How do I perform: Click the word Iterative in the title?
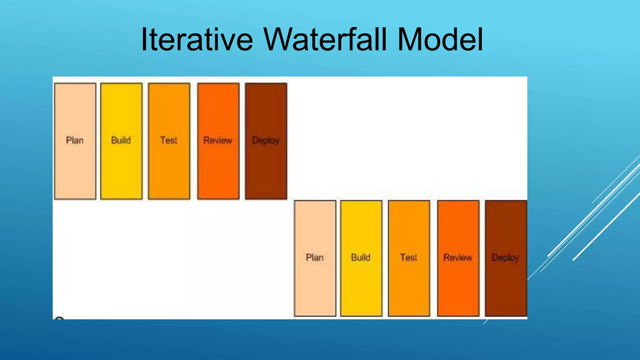(x=197, y=40)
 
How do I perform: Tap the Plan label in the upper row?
(x=75, y=140)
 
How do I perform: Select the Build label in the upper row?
(x=121, y=140)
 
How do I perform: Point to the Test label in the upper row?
(x=168, y=140)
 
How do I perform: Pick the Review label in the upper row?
(x=218, y=140)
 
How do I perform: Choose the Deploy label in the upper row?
(x=266, y=141)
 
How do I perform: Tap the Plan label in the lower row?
(x=315, y=257)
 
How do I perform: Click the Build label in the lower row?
(x=361, y=257)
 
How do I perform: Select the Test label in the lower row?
(x=408, y=257)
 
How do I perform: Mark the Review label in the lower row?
(x=458, y=257)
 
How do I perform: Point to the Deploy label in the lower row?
(x=505, y=258)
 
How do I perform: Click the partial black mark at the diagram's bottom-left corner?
(x=59, y=318)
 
